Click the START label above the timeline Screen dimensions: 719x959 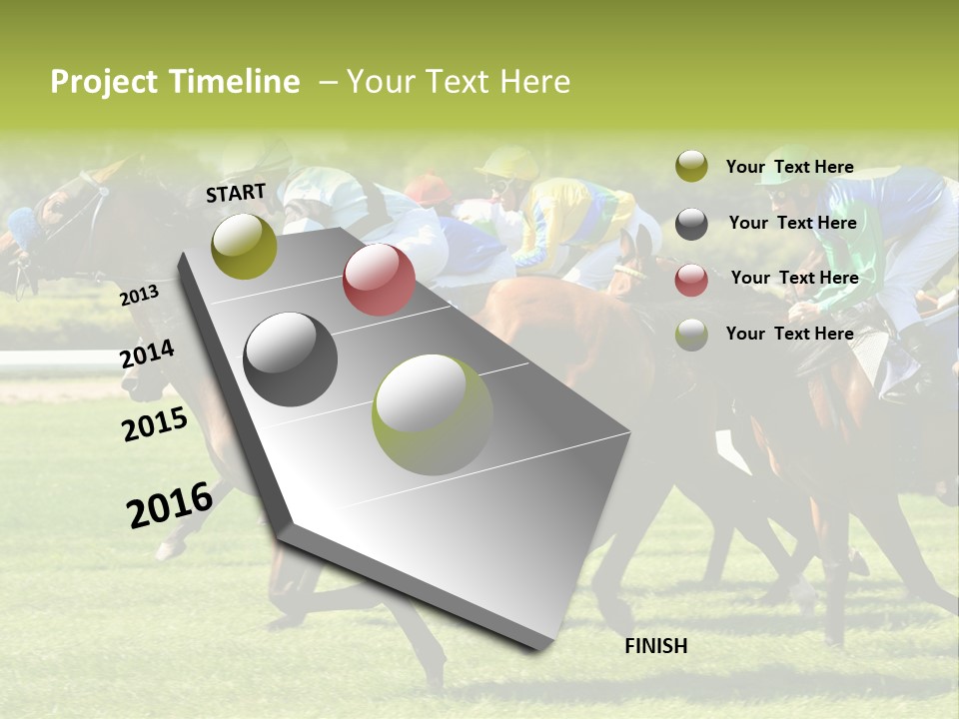tap(236, 192)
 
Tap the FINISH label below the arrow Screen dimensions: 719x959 tap(656, 646)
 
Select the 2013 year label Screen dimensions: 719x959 tap(139, 296)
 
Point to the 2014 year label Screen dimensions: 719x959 tap(148, 355)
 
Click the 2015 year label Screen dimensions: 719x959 tap(155, 424)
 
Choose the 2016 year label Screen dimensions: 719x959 tap(170, 504)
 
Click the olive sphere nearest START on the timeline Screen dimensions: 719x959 tap(244, 246)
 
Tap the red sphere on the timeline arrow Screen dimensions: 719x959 tap(379, 280)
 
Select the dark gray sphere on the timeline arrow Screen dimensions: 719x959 tap(290, 359)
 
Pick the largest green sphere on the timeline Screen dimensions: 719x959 tap(433, 414)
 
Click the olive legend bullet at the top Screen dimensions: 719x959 tap(691, 167)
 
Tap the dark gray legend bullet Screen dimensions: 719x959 tap(691, 224)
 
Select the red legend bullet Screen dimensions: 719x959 tap(691, 280)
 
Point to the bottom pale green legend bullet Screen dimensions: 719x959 tap(691, 335)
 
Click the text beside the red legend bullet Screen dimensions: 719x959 tap(794, 278)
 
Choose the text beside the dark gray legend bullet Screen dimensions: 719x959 tap(792, 223)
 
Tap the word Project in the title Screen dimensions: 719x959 tap(105, 82)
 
